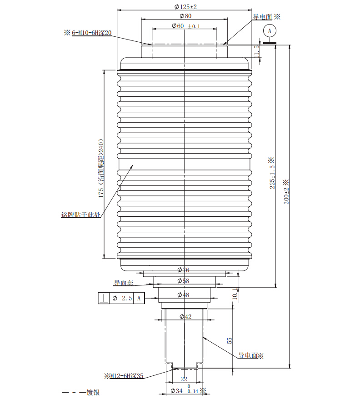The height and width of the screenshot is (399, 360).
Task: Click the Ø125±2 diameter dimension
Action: pyautogui.click(x=185, y=7)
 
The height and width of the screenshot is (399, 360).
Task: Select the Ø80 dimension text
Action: pyautogui.click(x=185, y=16)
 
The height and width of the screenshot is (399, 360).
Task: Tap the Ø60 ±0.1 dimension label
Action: pyautogui.click(x=186, y=26)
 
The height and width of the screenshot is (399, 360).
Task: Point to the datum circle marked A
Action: pyautogui.click(x=270, y=31)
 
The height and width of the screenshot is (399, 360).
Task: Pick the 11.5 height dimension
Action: pyautogui.click(x=257, y=51)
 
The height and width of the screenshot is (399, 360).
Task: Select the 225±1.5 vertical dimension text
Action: pyautogui.click(x=272, y=177)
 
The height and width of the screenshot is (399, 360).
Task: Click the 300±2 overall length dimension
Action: pyautogui.click(x=286, y=196)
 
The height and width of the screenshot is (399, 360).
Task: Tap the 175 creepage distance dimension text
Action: pyautogui.click(x=101, y=168)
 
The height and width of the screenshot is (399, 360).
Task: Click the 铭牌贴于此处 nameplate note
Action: pyautogui.click(x=81, y=214)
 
